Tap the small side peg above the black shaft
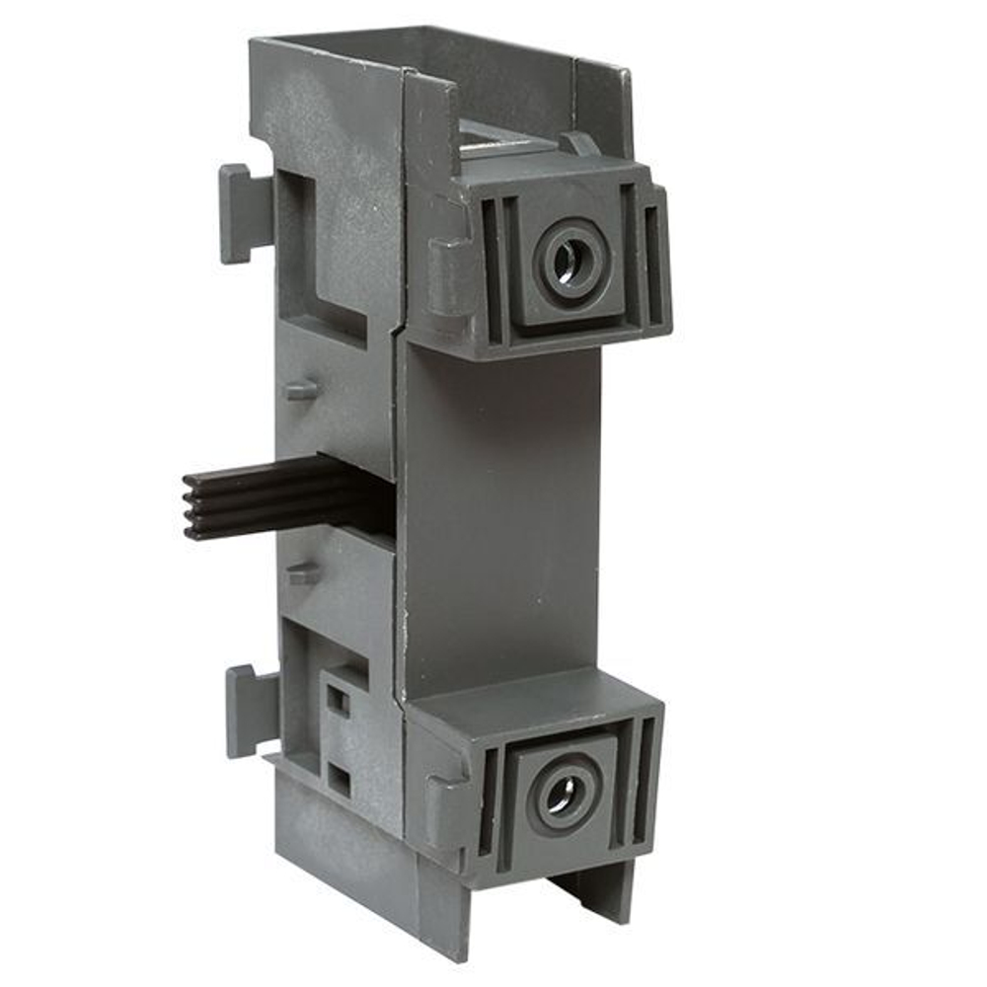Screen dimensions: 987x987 click(302, 389)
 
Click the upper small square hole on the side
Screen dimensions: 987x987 click(338, 701)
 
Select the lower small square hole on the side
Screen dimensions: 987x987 click(339, 780)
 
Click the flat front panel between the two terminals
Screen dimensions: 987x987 click(498, 513)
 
